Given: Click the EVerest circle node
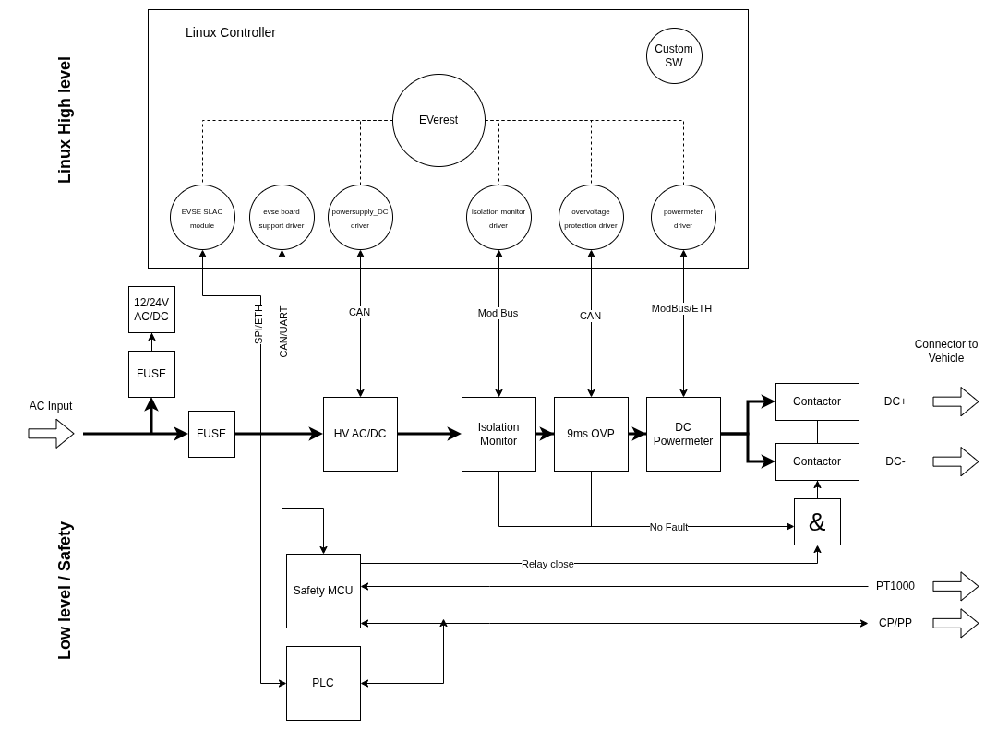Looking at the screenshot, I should (x=438, y=120).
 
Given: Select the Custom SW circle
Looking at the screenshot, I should (x=674, y=55).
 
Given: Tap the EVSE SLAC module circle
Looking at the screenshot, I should (x=202, y=217).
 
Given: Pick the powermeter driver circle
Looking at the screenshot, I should (x=683, y=217).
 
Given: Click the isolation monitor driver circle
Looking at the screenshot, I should (x=498, y=217).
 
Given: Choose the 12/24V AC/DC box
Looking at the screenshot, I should (x=151, y=309).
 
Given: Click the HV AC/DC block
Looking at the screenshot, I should (x=360, y=434).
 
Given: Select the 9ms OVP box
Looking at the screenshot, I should (x=591, y=434).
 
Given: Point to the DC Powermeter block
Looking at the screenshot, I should (x=683, y=434).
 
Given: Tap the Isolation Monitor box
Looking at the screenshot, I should (x=498, y=434).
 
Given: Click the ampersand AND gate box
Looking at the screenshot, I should (x=817, y=521).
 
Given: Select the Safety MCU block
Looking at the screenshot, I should (x=323, y=591).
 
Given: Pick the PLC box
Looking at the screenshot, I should (x=323, y=683).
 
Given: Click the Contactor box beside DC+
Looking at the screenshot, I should (x=817, y=401).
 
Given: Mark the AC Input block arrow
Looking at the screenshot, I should (x=51, y=434).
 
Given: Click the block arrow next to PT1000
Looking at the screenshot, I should (x=955, y=586).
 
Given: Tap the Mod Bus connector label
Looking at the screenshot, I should (x=498, y=313).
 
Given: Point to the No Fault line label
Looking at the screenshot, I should (x=668, y=527).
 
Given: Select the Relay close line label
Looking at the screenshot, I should (x=547, y=564).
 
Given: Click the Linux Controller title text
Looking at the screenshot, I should (x=231, y=32).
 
